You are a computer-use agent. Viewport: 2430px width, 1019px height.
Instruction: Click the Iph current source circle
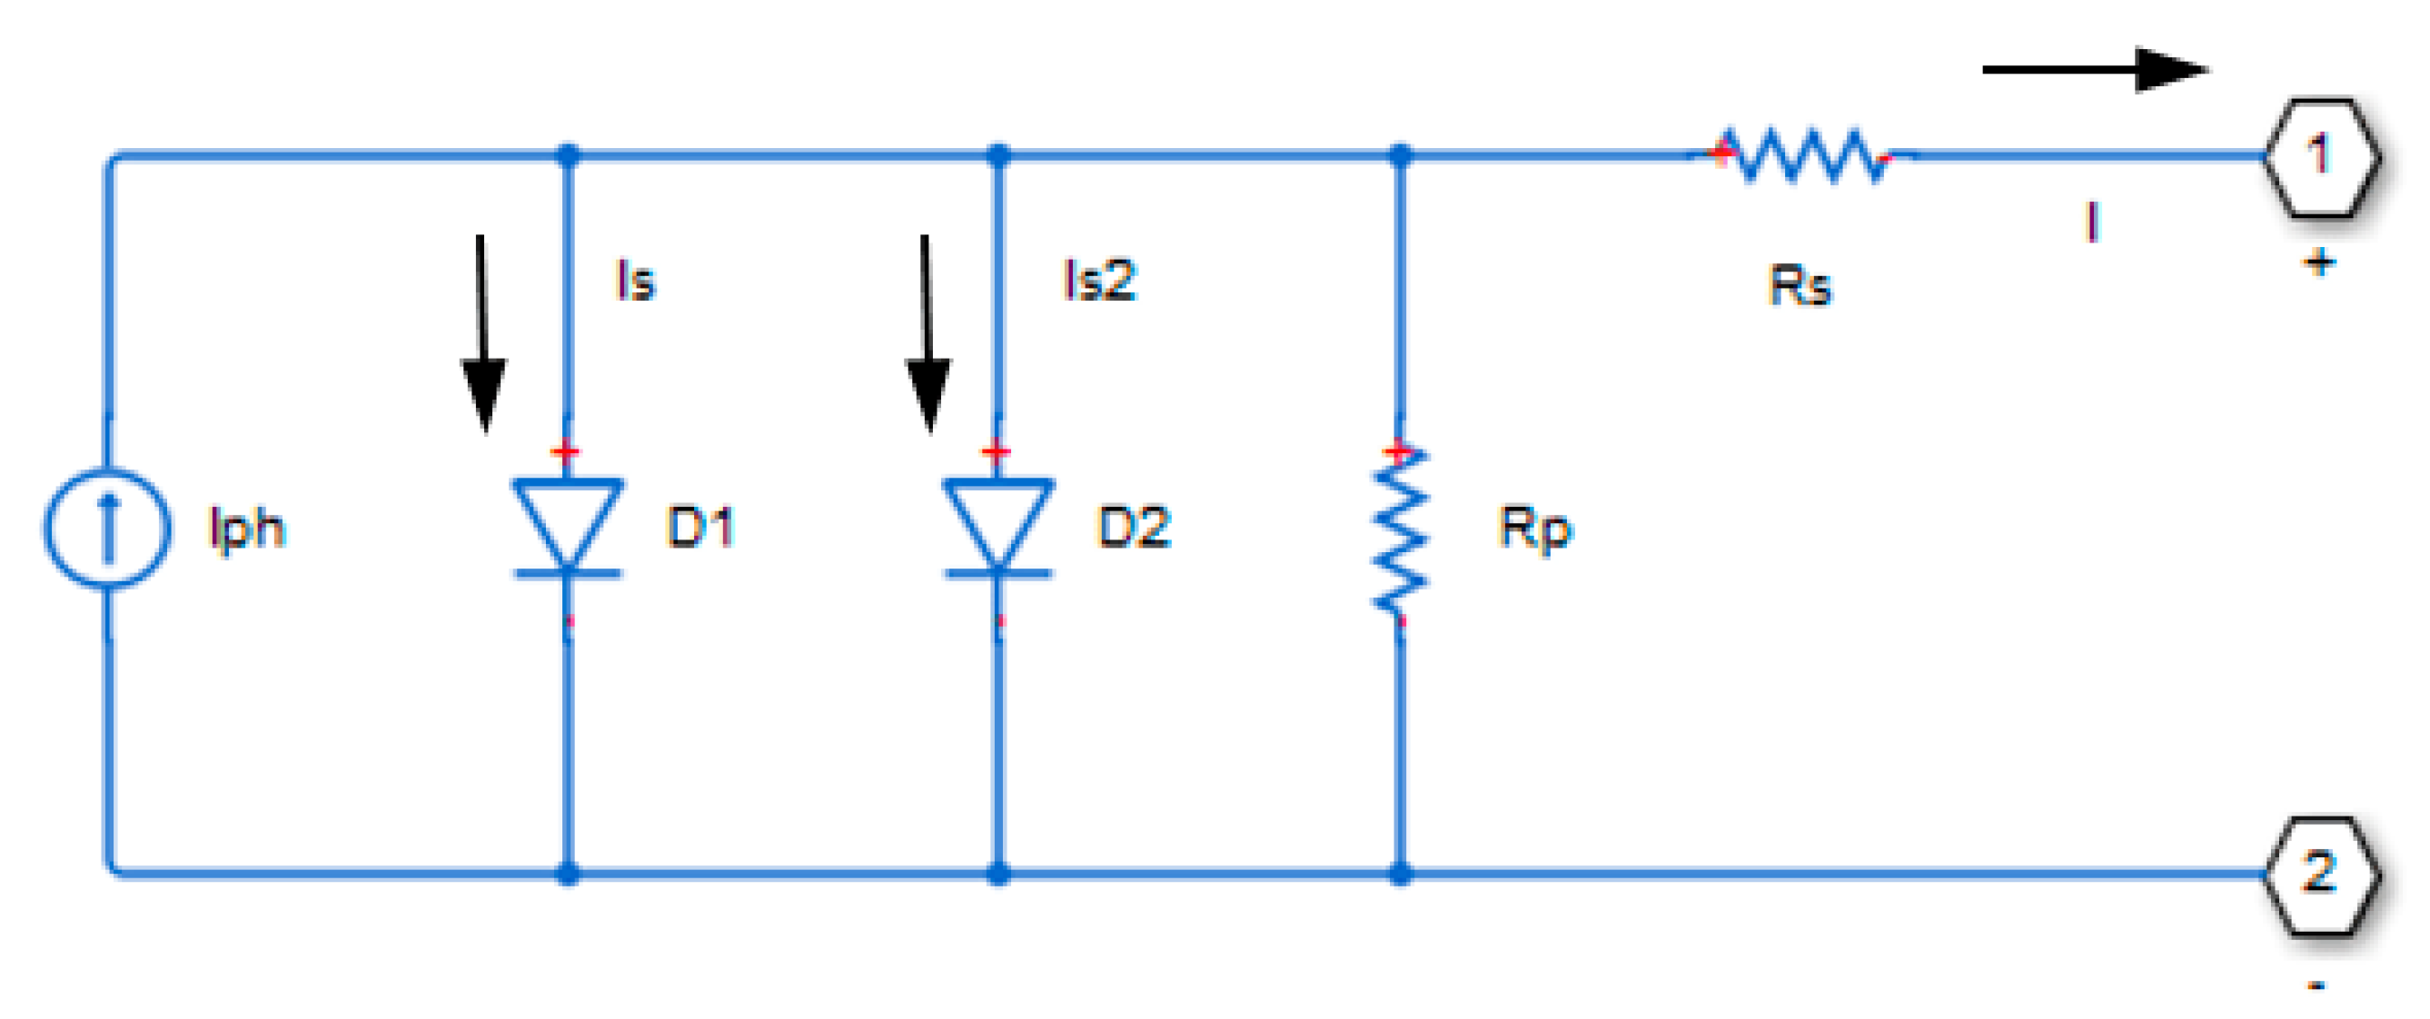click(x=107, y=529)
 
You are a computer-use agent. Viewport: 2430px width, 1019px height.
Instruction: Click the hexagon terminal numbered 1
click(x=2320, y=156)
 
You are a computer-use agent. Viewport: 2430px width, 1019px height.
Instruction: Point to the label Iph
click(x=246, y=528)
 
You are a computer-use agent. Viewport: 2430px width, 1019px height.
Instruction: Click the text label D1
click(x=700, y=527)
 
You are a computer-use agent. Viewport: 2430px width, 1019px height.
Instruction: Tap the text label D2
click(x=1134, y=527)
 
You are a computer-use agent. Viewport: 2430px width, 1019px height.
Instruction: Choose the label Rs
click(x=1799, y=286)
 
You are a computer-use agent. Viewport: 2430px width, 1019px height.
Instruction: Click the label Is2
click(x=1100, y=281)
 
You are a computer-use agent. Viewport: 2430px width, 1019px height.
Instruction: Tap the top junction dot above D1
click(x=568, y=154)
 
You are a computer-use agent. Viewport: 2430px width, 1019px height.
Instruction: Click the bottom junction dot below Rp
click(x=1401, y=874)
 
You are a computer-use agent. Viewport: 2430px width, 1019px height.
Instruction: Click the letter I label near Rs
click(x=2091, y=223)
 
